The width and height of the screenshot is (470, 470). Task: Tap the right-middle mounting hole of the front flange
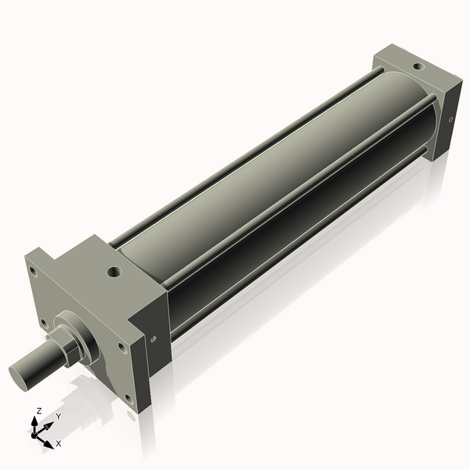click(121, 344)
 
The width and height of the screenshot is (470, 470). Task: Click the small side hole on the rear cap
click(451, 119)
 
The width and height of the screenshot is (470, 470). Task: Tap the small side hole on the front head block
click(154, 338)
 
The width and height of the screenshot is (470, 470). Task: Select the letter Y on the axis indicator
click(58, 418)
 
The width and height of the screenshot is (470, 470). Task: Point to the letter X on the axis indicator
click(58, 443)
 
